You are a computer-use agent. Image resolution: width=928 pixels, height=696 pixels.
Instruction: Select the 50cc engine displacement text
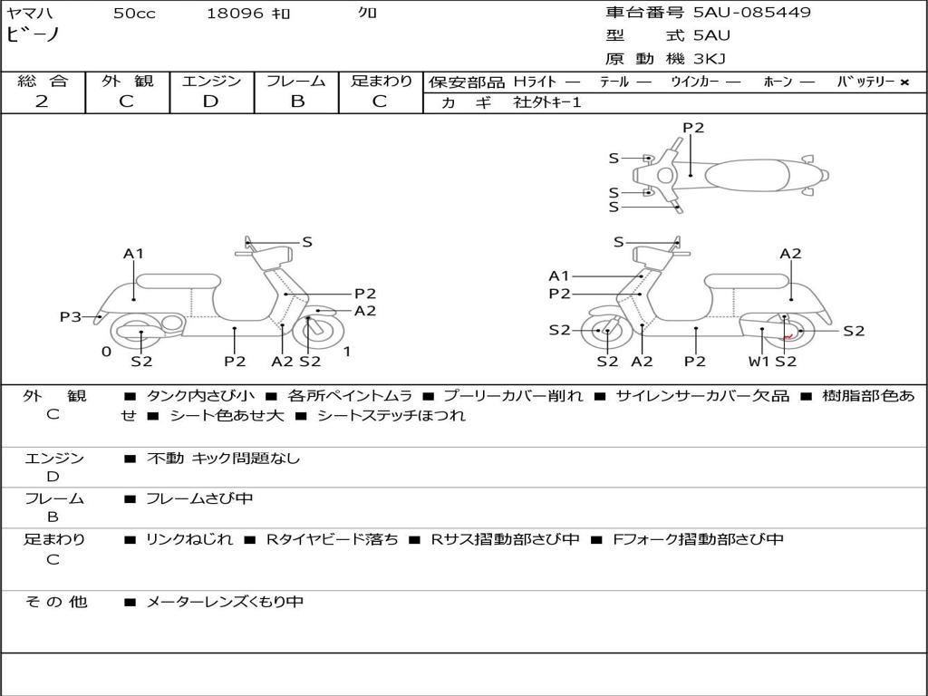(x=134, y=14)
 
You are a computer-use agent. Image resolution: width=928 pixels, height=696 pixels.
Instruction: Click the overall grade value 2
(x=42, y=101)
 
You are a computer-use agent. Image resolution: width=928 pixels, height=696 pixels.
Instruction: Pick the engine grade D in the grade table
(x=211, y=101)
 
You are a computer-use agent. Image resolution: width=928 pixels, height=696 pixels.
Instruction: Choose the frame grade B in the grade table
(x=296, y=101)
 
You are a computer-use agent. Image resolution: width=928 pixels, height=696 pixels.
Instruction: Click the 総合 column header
(x=43, y=82)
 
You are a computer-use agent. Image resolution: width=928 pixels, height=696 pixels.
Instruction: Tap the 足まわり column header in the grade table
(x=382, y=82)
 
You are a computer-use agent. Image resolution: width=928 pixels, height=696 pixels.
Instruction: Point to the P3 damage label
(x=70, y=317)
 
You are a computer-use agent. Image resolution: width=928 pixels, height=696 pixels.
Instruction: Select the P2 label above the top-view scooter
(x=693, y=128)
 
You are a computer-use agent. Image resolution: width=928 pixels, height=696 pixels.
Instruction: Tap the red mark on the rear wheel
(x=788, y=335)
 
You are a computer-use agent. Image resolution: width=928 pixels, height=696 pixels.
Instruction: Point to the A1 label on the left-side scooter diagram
(x=133, y=254)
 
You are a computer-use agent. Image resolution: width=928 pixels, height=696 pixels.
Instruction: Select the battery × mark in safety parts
(x=904, y=82)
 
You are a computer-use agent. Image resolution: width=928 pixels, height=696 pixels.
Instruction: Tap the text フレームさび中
(x=199, y=498)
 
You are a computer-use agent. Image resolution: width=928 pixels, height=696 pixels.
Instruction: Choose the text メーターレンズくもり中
(x=225, y=602)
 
